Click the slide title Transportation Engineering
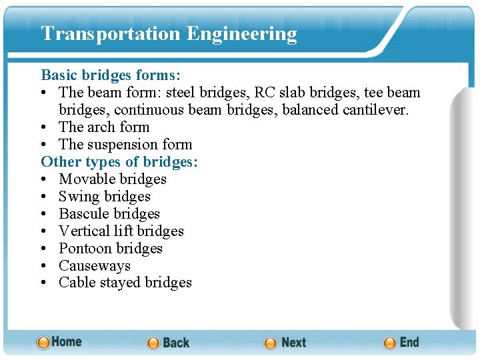(x=169, y=33)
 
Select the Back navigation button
(x=168, y=343)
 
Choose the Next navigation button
(x=285, y=343)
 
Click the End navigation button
(x=401, y=343)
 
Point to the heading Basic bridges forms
(x=111, y=75)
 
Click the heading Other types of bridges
(x=119, y=161)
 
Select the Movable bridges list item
(x=112, y=179)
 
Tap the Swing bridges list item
(x=104, y=196)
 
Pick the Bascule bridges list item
(x=109, y=213)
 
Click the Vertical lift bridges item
(x=121, y=231)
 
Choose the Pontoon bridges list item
(x=110, y=248)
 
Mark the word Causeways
(x=94, y=265)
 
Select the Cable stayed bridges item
(x=125, y=283)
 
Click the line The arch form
(x=103, y=127)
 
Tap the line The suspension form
(x=125, y=144)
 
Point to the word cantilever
(x=377, y=109)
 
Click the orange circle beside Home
(x=43, y=343)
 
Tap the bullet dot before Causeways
(x=44, y=266)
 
